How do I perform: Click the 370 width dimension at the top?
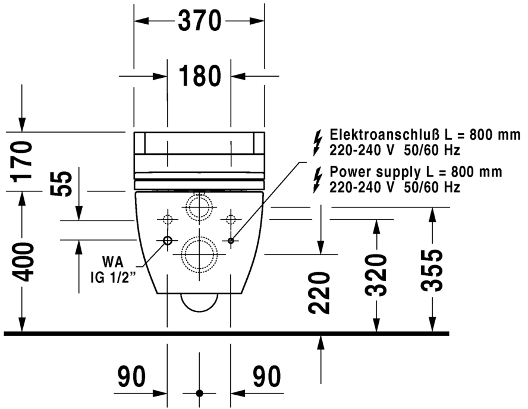point(199,22)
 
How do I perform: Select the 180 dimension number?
point(199,76)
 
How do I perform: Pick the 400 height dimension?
point(22,262)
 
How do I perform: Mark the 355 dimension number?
point(431,270)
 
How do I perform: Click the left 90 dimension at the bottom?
point(132,376)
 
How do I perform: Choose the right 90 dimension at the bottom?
point(265,376)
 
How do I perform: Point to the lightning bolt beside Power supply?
point(317,179)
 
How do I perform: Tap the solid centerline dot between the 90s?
point(199,394)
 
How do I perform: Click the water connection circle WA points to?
point(167,241)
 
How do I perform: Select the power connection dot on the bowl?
point(231,241)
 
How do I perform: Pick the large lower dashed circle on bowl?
point(199,253)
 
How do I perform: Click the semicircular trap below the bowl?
point(199,302)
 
